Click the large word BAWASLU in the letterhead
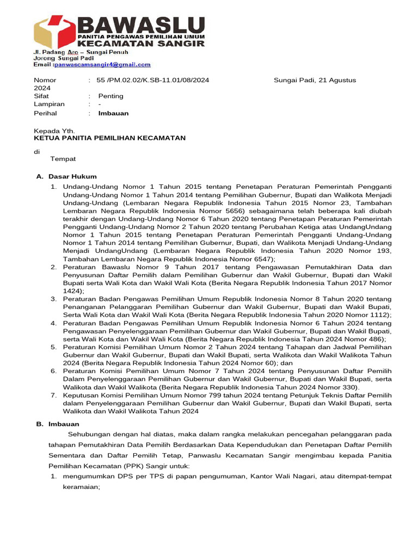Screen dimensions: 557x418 click(x=141, y=24)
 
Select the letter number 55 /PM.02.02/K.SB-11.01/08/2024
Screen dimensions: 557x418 click(x=153, y=80)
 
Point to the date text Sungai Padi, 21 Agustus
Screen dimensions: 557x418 click(x=315, y=80)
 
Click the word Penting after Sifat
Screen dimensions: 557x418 click(x=110, y=96)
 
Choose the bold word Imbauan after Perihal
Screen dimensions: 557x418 click(x=113, y=113)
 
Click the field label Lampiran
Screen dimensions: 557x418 click(x=49, y=104)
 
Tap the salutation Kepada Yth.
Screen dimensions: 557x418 click(x=54, y=131)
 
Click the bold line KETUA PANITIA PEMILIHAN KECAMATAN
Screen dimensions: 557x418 click(x=109, y=138)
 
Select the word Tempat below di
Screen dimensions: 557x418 click(x=63, y=159)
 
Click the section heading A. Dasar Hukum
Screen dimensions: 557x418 click(x=66, y=176)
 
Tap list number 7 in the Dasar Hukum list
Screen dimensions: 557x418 click(x=54, y=396)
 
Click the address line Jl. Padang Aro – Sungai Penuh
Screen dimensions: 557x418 click(x=81, y=52)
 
